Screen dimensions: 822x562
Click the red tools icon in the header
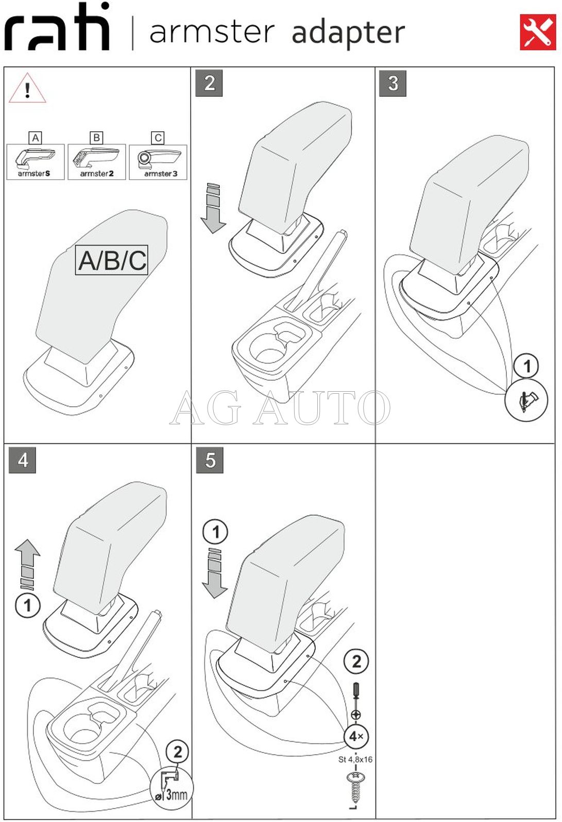[x=538, y=32]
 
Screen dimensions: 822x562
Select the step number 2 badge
[x=209, y=83]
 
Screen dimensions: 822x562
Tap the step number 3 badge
[x=393, y=83]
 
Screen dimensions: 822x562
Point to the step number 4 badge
[x=23, y=460]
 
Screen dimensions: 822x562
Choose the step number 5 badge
[x=210, y=460]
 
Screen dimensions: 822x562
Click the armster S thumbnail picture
[x=36, y=162]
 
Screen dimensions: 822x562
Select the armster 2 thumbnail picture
[x=97, y=162]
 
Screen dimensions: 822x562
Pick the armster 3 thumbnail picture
[x=158, y=162]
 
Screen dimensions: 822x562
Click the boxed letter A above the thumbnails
[x=36, y=138]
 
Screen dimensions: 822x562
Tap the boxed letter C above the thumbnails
[x=158, y=138]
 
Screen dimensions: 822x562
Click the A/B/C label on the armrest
[x=112, y=260]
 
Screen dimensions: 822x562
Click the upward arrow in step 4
[x=27, y=564]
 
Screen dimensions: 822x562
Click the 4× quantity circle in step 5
[x=356, y=737]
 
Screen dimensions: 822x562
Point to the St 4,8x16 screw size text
[x=355, y=759]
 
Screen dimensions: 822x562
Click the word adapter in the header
[x=348, y=32]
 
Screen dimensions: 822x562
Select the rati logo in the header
[x=57, y=28]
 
